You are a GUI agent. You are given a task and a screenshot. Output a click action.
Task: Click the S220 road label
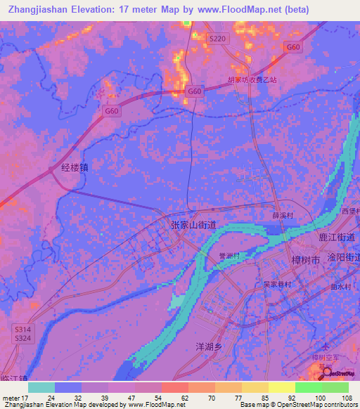218,39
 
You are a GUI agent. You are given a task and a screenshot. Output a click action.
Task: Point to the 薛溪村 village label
282,216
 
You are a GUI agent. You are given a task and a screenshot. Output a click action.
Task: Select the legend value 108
347,397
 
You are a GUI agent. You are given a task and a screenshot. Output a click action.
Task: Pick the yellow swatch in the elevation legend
282,387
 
